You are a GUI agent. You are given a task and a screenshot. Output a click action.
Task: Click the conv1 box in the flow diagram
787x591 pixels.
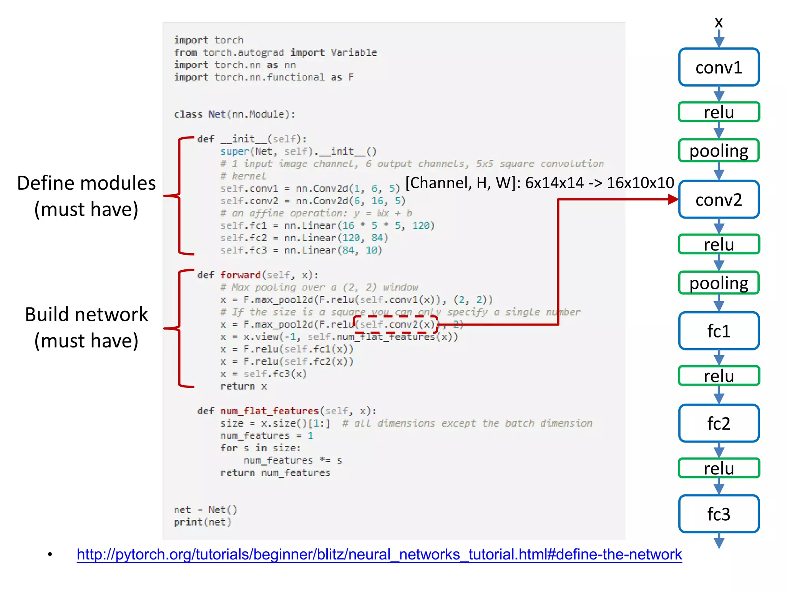(719, 67)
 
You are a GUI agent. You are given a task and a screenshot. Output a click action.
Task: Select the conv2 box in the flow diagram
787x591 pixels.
(719, 200)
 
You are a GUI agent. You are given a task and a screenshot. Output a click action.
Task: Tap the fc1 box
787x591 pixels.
(719, 331)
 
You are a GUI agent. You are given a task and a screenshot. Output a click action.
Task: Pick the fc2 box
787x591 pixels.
(719, 423)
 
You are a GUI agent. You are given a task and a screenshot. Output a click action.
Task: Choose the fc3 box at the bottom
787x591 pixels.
(719, 514)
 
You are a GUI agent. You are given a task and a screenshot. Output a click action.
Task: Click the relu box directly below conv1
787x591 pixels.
(719, 112)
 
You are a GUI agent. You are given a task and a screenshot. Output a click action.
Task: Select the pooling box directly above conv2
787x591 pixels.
(719, 150)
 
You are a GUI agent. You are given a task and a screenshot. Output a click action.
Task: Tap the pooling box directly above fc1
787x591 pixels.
(719, 283)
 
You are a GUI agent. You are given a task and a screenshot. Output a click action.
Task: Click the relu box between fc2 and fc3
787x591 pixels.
(719, 468)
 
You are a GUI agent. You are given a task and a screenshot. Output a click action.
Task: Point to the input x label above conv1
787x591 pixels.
(719, 22)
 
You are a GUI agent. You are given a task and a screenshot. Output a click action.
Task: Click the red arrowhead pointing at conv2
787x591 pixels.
(673, 199)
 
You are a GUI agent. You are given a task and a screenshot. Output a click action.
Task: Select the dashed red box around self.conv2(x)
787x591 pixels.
(396, 324)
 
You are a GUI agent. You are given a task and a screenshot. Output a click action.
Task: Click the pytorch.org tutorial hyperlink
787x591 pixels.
(379, 554)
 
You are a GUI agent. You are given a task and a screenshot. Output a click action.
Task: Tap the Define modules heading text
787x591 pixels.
(86, 183)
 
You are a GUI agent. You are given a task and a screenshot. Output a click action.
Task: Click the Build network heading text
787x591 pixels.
(86, 315)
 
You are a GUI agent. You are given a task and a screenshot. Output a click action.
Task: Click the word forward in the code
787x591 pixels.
(240, 275)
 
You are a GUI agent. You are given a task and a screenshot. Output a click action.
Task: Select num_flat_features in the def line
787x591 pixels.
(269, 411)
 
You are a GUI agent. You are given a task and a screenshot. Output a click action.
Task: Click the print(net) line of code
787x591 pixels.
(203, 522)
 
